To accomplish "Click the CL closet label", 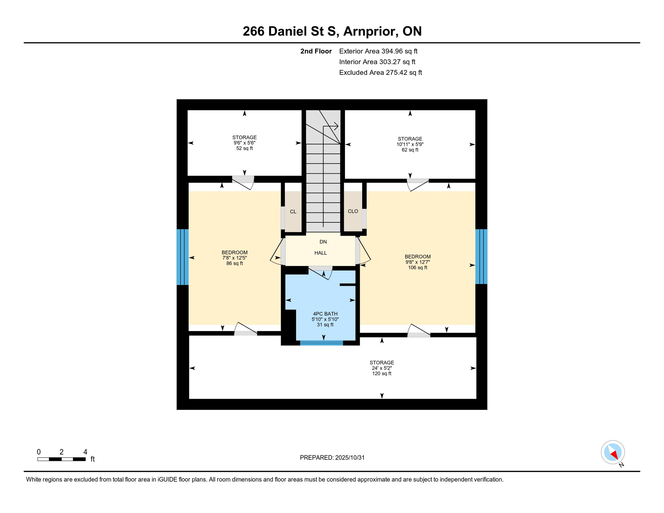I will click(x=293, y=212).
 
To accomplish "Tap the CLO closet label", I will click(x=353, y=211).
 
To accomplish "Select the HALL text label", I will click(x=320, y=253).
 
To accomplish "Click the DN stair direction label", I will click(x=323, y=242).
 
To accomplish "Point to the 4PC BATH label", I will click(x=325, y=314).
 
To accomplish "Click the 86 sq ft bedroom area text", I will click(x=234, y=264).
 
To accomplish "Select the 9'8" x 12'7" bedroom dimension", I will click(x=418, y=262).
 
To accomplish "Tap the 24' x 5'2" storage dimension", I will click(x=382, y=368).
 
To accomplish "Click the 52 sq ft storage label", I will click(x=244, y=148).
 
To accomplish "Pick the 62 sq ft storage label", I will click(x=410, y=150).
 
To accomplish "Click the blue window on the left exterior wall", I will click(x=183, y=257).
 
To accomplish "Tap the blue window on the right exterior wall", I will click(x=481, y=256).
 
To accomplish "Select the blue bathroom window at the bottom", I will click(x=321, y=343).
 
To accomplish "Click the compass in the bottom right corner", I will click(x=613, y=452).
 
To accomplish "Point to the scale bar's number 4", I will click(x=85, y=452).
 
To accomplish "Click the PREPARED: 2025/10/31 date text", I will click(x=332, y=458).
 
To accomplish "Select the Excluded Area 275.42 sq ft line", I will click(x=380, y=72).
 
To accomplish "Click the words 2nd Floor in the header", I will click(x=316, y=51).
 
